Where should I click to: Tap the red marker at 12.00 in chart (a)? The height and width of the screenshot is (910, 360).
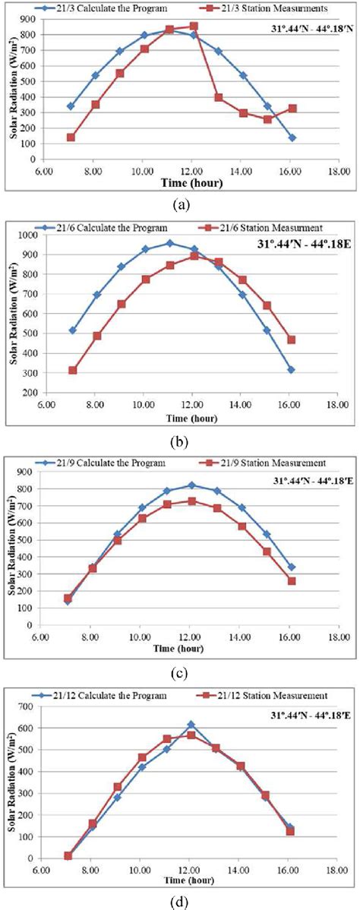coord(193,26)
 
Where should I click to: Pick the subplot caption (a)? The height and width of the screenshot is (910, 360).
coord(181,204)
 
